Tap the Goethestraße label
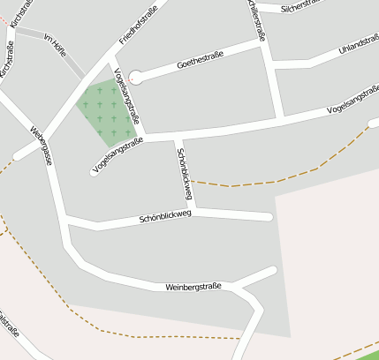pos(200,60)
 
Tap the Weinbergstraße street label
pos(193,287)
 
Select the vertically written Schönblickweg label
pos(185,173)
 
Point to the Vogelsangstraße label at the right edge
pos(352,107)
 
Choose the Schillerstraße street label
pos(258,19)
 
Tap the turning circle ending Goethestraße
pos(136,78)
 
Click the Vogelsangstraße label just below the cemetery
pos(117,157)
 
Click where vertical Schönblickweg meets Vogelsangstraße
pos(178,137)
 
